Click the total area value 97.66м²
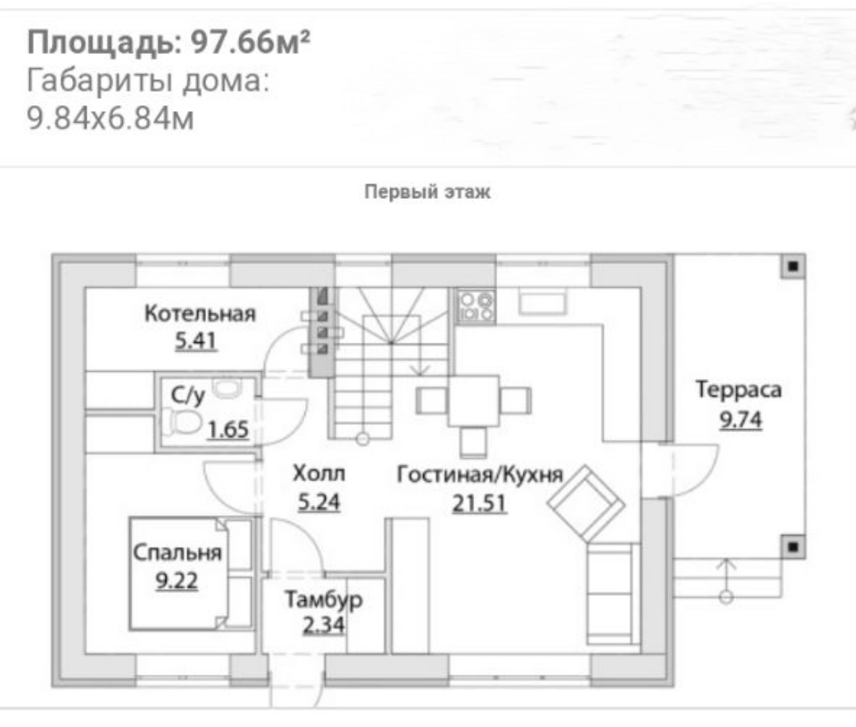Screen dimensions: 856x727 click(250, 42)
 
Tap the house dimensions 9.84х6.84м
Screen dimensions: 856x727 click(110, 118)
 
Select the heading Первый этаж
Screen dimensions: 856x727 click(427, 192)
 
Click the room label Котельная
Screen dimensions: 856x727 click(200, 313)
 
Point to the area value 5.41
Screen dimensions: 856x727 click(196, 341)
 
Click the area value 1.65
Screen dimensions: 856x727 click(228, 430)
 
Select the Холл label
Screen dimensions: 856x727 click(319, 473)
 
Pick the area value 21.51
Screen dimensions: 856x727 click(480, 503)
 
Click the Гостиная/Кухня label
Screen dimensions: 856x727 click(480, 474)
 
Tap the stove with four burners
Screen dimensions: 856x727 click(476, 307)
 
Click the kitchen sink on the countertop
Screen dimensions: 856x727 click(543, 302)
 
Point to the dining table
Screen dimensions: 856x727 click(473, 400)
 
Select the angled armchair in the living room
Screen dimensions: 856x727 click(587, 503)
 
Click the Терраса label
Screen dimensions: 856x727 click(739, 389)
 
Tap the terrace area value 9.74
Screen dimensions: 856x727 click(740, 419)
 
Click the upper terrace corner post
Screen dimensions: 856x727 click(793, 266)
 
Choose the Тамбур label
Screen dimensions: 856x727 click(323, 599)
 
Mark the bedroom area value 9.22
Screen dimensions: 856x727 click(176, 581)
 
